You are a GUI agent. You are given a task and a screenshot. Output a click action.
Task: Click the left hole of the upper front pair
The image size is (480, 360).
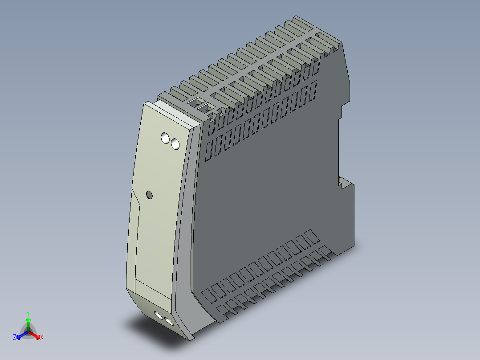click(166, 138)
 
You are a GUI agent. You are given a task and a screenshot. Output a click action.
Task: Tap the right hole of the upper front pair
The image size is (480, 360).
click(175, 144)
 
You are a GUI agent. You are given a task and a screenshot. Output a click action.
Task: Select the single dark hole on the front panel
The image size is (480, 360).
click(149, 195)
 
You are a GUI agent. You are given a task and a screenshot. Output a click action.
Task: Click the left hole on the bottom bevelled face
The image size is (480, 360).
click(159, 316)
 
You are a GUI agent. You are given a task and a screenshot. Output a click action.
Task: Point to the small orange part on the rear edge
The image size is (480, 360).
click(339, 180)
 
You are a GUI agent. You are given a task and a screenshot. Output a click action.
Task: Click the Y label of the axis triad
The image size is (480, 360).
click(28, 313)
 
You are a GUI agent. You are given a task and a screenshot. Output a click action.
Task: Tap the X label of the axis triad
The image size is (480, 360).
click(41, 337)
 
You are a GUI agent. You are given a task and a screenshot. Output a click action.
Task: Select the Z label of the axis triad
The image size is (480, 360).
click(15, 337)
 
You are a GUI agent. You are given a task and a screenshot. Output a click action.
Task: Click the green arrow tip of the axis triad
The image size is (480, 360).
click(28, 320)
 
